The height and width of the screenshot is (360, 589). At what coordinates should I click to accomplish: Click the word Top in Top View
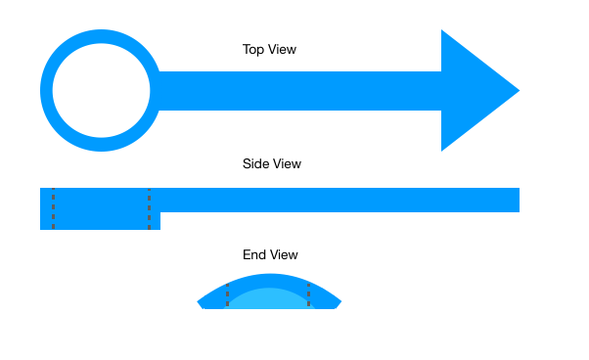(252, 50)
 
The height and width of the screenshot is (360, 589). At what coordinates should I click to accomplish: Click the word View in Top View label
(282, 49)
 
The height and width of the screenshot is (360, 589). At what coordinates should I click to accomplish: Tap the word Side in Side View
(255, 163)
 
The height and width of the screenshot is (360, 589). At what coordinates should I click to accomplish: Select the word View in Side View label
(287, 163)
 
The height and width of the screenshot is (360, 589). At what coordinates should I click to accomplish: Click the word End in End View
(253, 254)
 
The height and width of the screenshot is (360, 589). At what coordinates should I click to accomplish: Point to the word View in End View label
(283, 254)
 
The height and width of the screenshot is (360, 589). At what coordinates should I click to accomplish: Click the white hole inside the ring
(101, 90)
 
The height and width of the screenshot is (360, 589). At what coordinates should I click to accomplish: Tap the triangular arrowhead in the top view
(474, 90)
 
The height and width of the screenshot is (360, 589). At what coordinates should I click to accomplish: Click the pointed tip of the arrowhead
(520, 90)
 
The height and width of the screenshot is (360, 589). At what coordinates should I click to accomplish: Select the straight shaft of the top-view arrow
(299, 91)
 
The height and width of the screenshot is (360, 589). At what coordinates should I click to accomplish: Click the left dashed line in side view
(54, 208)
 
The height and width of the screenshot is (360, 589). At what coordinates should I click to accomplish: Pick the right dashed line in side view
(149, 208)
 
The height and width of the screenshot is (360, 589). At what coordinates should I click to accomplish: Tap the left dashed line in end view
(227, 295)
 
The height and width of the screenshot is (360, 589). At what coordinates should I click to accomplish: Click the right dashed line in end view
(309, 295)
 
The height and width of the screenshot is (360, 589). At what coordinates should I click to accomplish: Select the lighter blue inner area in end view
(269, 299)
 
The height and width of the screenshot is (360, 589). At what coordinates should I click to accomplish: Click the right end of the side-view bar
(520, 201)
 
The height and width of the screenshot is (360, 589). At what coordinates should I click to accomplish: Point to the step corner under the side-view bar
(160, 212)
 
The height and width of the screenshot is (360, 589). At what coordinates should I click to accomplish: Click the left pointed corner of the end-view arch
(198, 302)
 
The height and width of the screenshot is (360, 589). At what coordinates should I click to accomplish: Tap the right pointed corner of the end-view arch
(341, 301)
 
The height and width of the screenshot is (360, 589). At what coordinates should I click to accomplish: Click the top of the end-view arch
(269, 274)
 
